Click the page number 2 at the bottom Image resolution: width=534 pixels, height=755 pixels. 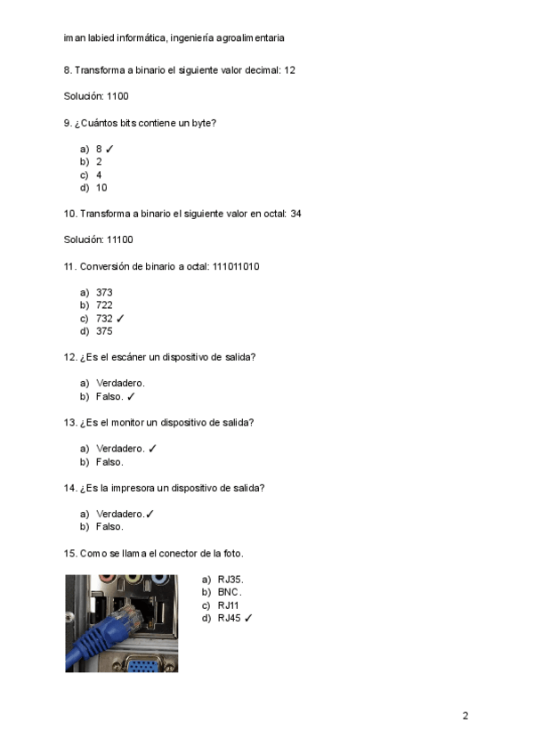465,716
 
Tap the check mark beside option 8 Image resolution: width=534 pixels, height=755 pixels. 110,149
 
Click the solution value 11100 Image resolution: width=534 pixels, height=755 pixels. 120,239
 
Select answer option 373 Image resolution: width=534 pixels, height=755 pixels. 104,292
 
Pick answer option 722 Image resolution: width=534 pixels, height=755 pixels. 104,304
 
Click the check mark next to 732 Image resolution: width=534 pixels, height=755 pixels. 120,318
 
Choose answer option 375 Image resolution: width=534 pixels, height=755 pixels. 104,331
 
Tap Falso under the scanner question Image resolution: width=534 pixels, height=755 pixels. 109,397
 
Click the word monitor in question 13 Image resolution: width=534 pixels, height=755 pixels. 128,423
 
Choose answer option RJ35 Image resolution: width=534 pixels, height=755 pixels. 230,580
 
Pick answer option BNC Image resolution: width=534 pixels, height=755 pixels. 229,592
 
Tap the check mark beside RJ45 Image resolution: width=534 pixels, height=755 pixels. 248,618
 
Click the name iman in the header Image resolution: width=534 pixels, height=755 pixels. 74,38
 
